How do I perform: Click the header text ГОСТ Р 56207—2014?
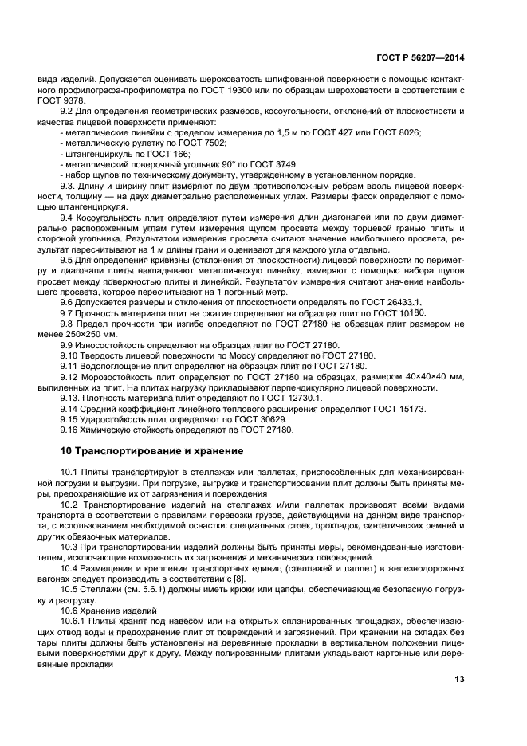[x=419, y=58]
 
